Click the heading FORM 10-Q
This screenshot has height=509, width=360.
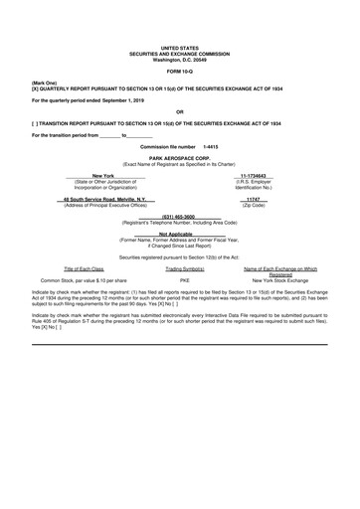pyautogui.click(x=179, y=72)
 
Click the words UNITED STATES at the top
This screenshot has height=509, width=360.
pyautogui.click(x=179, y=47)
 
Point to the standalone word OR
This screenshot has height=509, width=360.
pyautogui.click(x=179, y=111)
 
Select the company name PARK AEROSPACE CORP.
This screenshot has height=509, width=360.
pyautogui.click(x=179, y=158)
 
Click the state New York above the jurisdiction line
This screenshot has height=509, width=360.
pyautogui.click(x=104, y=175)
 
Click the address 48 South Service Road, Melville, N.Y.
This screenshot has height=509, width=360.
pyautogui.click(x=104, y=198)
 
